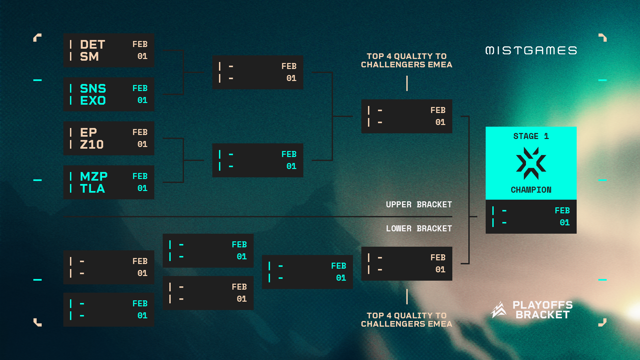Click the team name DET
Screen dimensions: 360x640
[x=92, y=45]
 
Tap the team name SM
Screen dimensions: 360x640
[x=89, y=57]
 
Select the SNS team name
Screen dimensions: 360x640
[x=93, y=89]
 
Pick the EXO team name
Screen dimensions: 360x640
[x=93, y=101]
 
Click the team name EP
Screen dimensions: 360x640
[x=88, y=133]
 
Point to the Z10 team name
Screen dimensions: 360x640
[x=92, y=145]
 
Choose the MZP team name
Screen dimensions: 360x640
[x=94, y=177]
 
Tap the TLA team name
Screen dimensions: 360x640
[x=92, y=189]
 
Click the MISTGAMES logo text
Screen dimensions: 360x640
[x=531, y=50]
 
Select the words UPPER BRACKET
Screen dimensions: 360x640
[x=419, y=205]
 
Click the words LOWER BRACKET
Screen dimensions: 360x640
[x=419, y=229]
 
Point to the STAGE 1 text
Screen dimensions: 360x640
[x=531, y=136]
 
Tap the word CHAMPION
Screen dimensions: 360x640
[x=531, y=190]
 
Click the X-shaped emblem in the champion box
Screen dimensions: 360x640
[x=531, y=163]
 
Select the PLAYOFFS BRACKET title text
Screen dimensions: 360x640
[x=542, y=310]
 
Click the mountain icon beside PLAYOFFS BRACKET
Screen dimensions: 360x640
[x=499, y=310]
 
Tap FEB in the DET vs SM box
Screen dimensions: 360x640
[x=140, y=44]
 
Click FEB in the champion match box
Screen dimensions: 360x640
[x=562, y=211]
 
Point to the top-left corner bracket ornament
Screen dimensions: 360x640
[x=37, y=37]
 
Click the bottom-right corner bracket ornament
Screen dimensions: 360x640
[x=603, y=322]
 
